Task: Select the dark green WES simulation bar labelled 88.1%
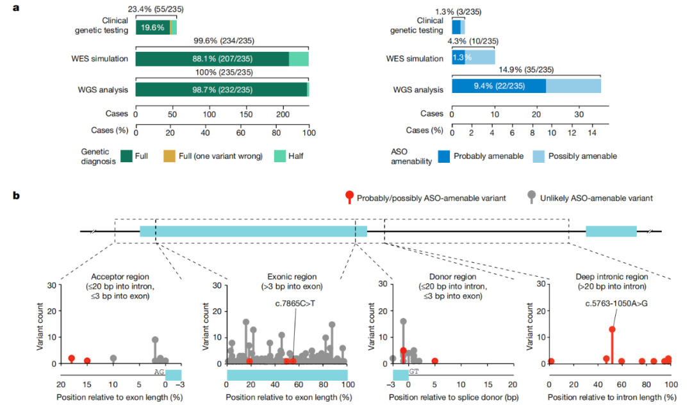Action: click(212, 59)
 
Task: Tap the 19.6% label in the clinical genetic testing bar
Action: click(152, 28)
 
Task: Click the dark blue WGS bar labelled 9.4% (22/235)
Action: click(499, 87)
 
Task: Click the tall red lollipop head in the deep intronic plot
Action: click(612, 329)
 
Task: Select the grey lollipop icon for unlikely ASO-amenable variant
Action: click(531, 197)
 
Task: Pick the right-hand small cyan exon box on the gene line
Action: click(611, 231)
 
